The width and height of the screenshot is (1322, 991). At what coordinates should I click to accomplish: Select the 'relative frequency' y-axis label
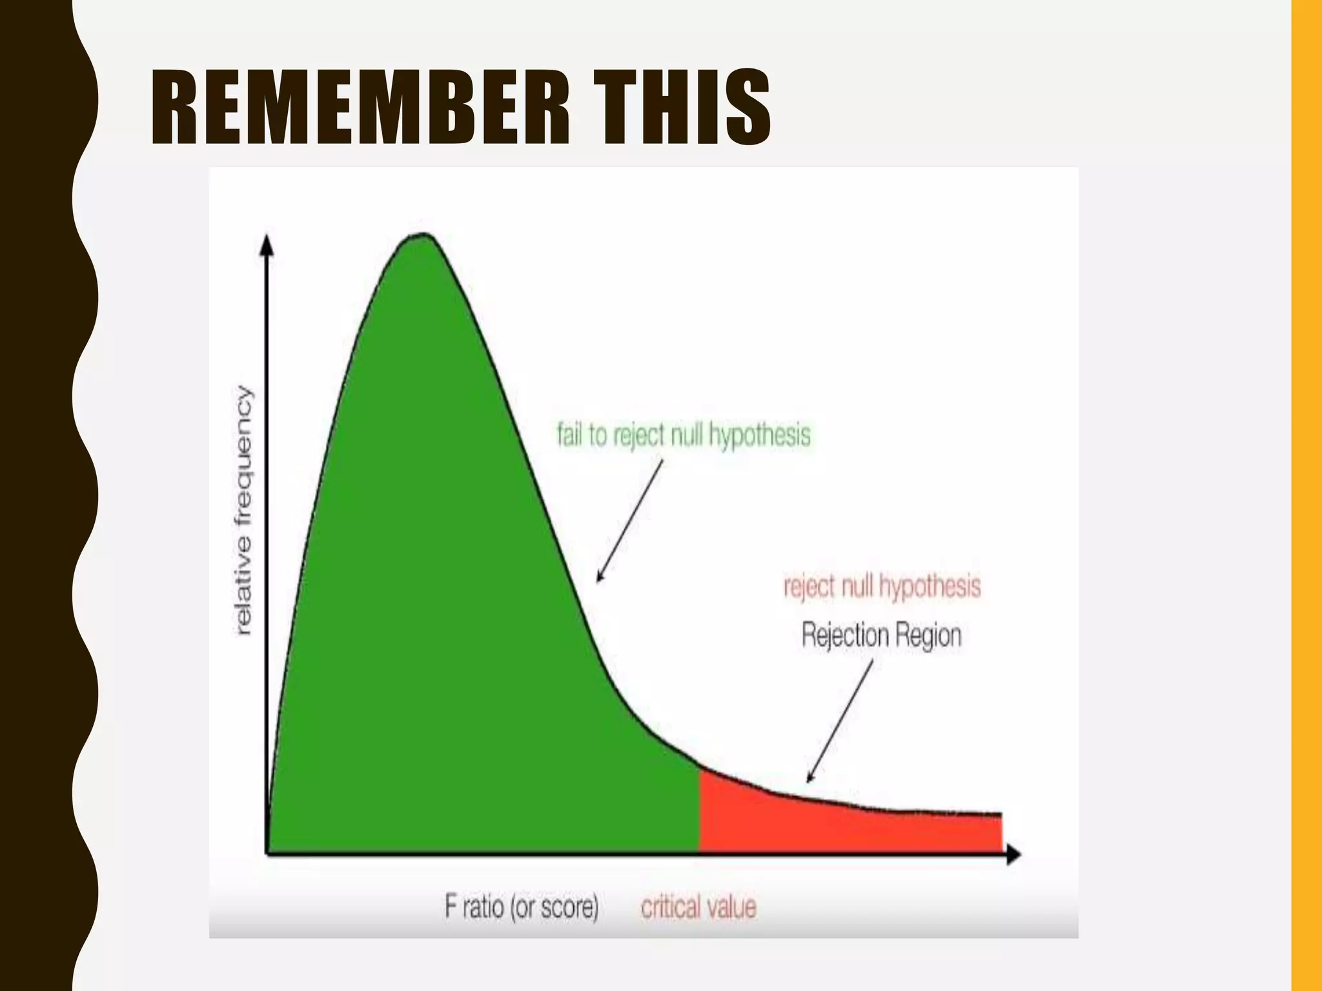(x=243, y=510)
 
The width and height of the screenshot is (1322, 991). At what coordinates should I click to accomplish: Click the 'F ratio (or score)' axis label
(x=522, y=906)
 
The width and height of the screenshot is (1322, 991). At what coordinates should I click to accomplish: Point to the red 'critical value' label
(x=698, y=906)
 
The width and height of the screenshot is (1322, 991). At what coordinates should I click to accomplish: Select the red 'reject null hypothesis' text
(x=882, y=586)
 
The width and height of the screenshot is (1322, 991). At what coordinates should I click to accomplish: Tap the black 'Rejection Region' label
(x=882, y=635)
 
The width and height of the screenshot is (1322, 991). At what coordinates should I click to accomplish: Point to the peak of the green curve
(x=423, y=235)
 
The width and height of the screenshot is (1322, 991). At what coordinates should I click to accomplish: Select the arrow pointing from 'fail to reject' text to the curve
(x=629, y=520)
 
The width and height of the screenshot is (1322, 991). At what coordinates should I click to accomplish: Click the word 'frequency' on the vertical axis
(x=244, y=445)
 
